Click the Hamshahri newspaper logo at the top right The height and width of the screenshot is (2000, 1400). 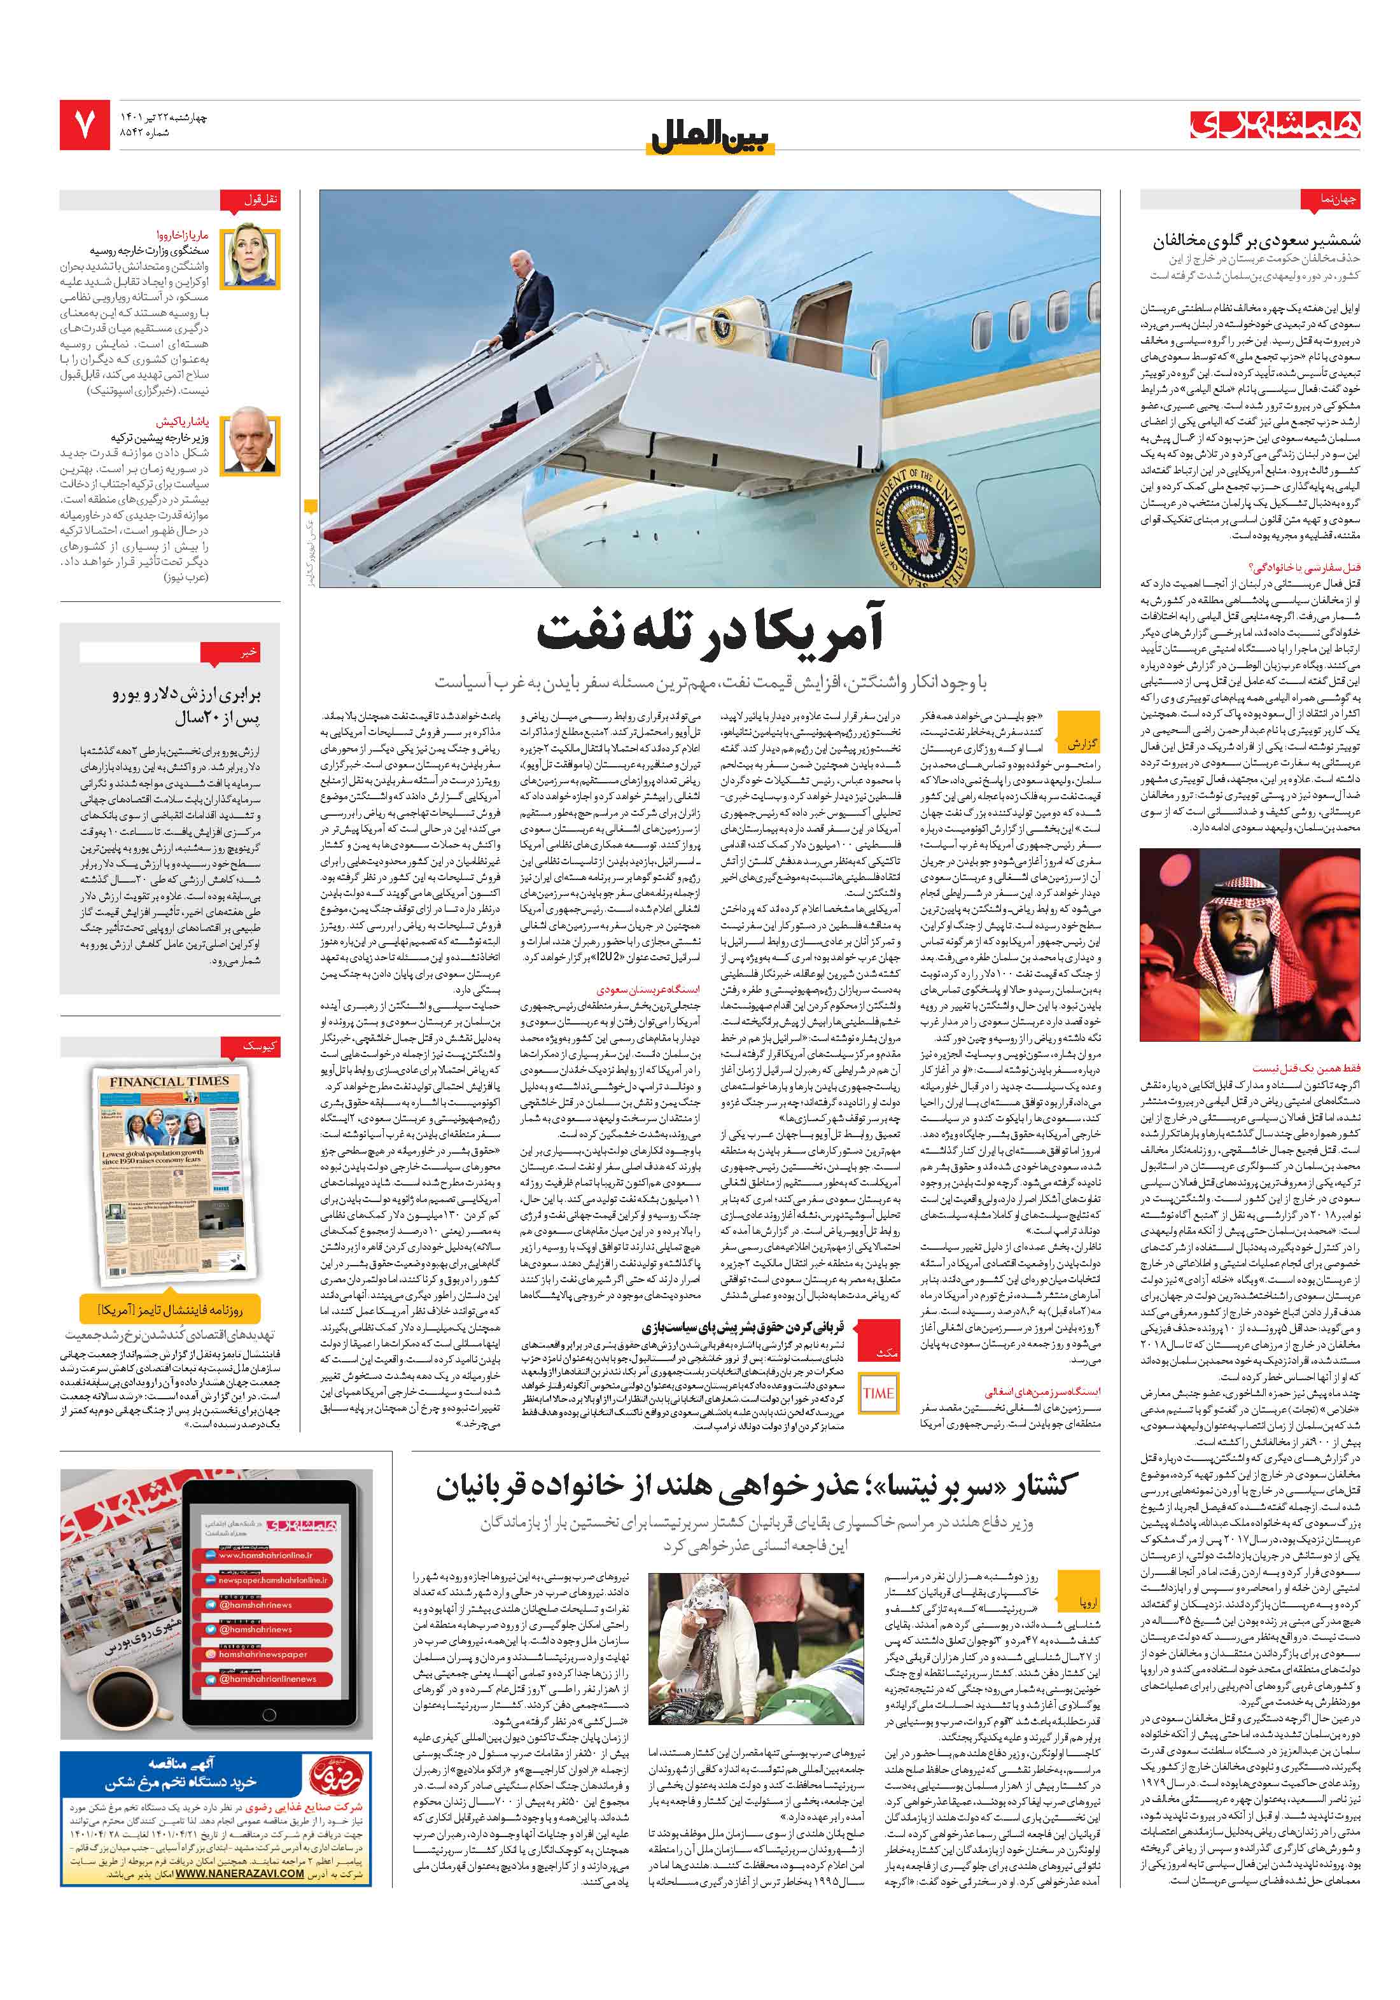[1275, 125]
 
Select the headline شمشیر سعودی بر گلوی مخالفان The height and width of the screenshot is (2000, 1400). [1256, 241]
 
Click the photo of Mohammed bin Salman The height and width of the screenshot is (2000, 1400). [1249, 945]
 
